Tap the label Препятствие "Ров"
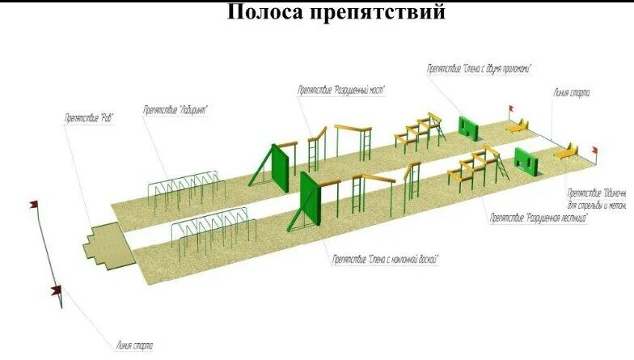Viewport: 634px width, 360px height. [89, 118]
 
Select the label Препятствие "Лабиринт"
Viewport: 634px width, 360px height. [176, 110]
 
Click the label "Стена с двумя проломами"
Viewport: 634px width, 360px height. [479, 70]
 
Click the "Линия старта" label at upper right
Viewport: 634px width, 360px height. [572, 92]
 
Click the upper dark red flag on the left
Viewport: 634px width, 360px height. [35, 205]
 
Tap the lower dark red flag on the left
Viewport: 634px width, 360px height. [56, 290]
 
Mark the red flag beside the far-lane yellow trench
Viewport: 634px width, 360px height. [510, 110]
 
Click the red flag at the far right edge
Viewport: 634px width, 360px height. [594, 150]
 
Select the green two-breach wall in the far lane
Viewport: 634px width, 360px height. [469, 127]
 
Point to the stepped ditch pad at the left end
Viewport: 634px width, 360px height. [108, 248]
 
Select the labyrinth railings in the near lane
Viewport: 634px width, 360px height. [212, 231]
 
